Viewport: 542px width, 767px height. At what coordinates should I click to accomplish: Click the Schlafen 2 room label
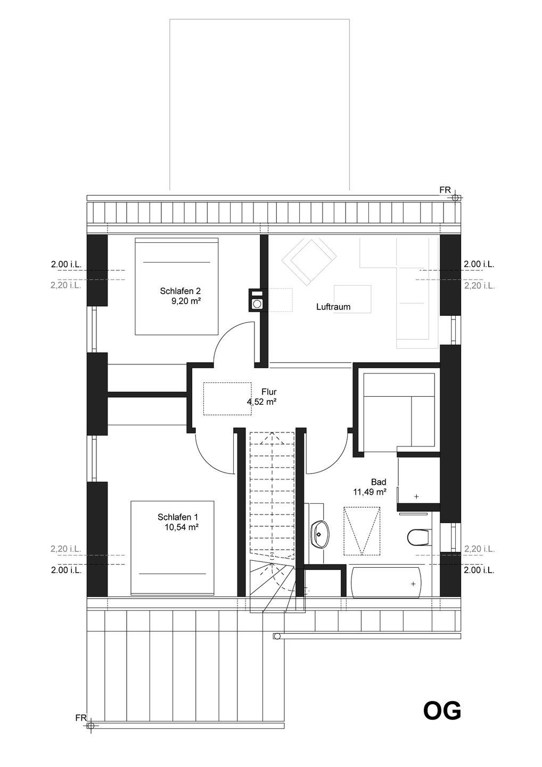[x=180, y=291]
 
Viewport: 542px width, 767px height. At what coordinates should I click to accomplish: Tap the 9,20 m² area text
[x=186, y=301]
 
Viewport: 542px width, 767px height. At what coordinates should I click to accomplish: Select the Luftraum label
[x=333, y=307]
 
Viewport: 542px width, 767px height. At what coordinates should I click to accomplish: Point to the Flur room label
[x=269, y=391]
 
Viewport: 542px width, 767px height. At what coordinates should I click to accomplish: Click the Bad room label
[x=379, y=482]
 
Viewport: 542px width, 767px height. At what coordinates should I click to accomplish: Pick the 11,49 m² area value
[x=370, y=492]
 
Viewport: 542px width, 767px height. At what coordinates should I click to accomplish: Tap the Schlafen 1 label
[x=178, y=517]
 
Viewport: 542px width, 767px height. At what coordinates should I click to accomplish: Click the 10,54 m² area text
[x=182, y=527]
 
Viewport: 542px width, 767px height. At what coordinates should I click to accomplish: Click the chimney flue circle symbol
[x=255, y=304]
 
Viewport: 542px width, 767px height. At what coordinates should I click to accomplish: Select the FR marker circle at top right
[x=455, y=198]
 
